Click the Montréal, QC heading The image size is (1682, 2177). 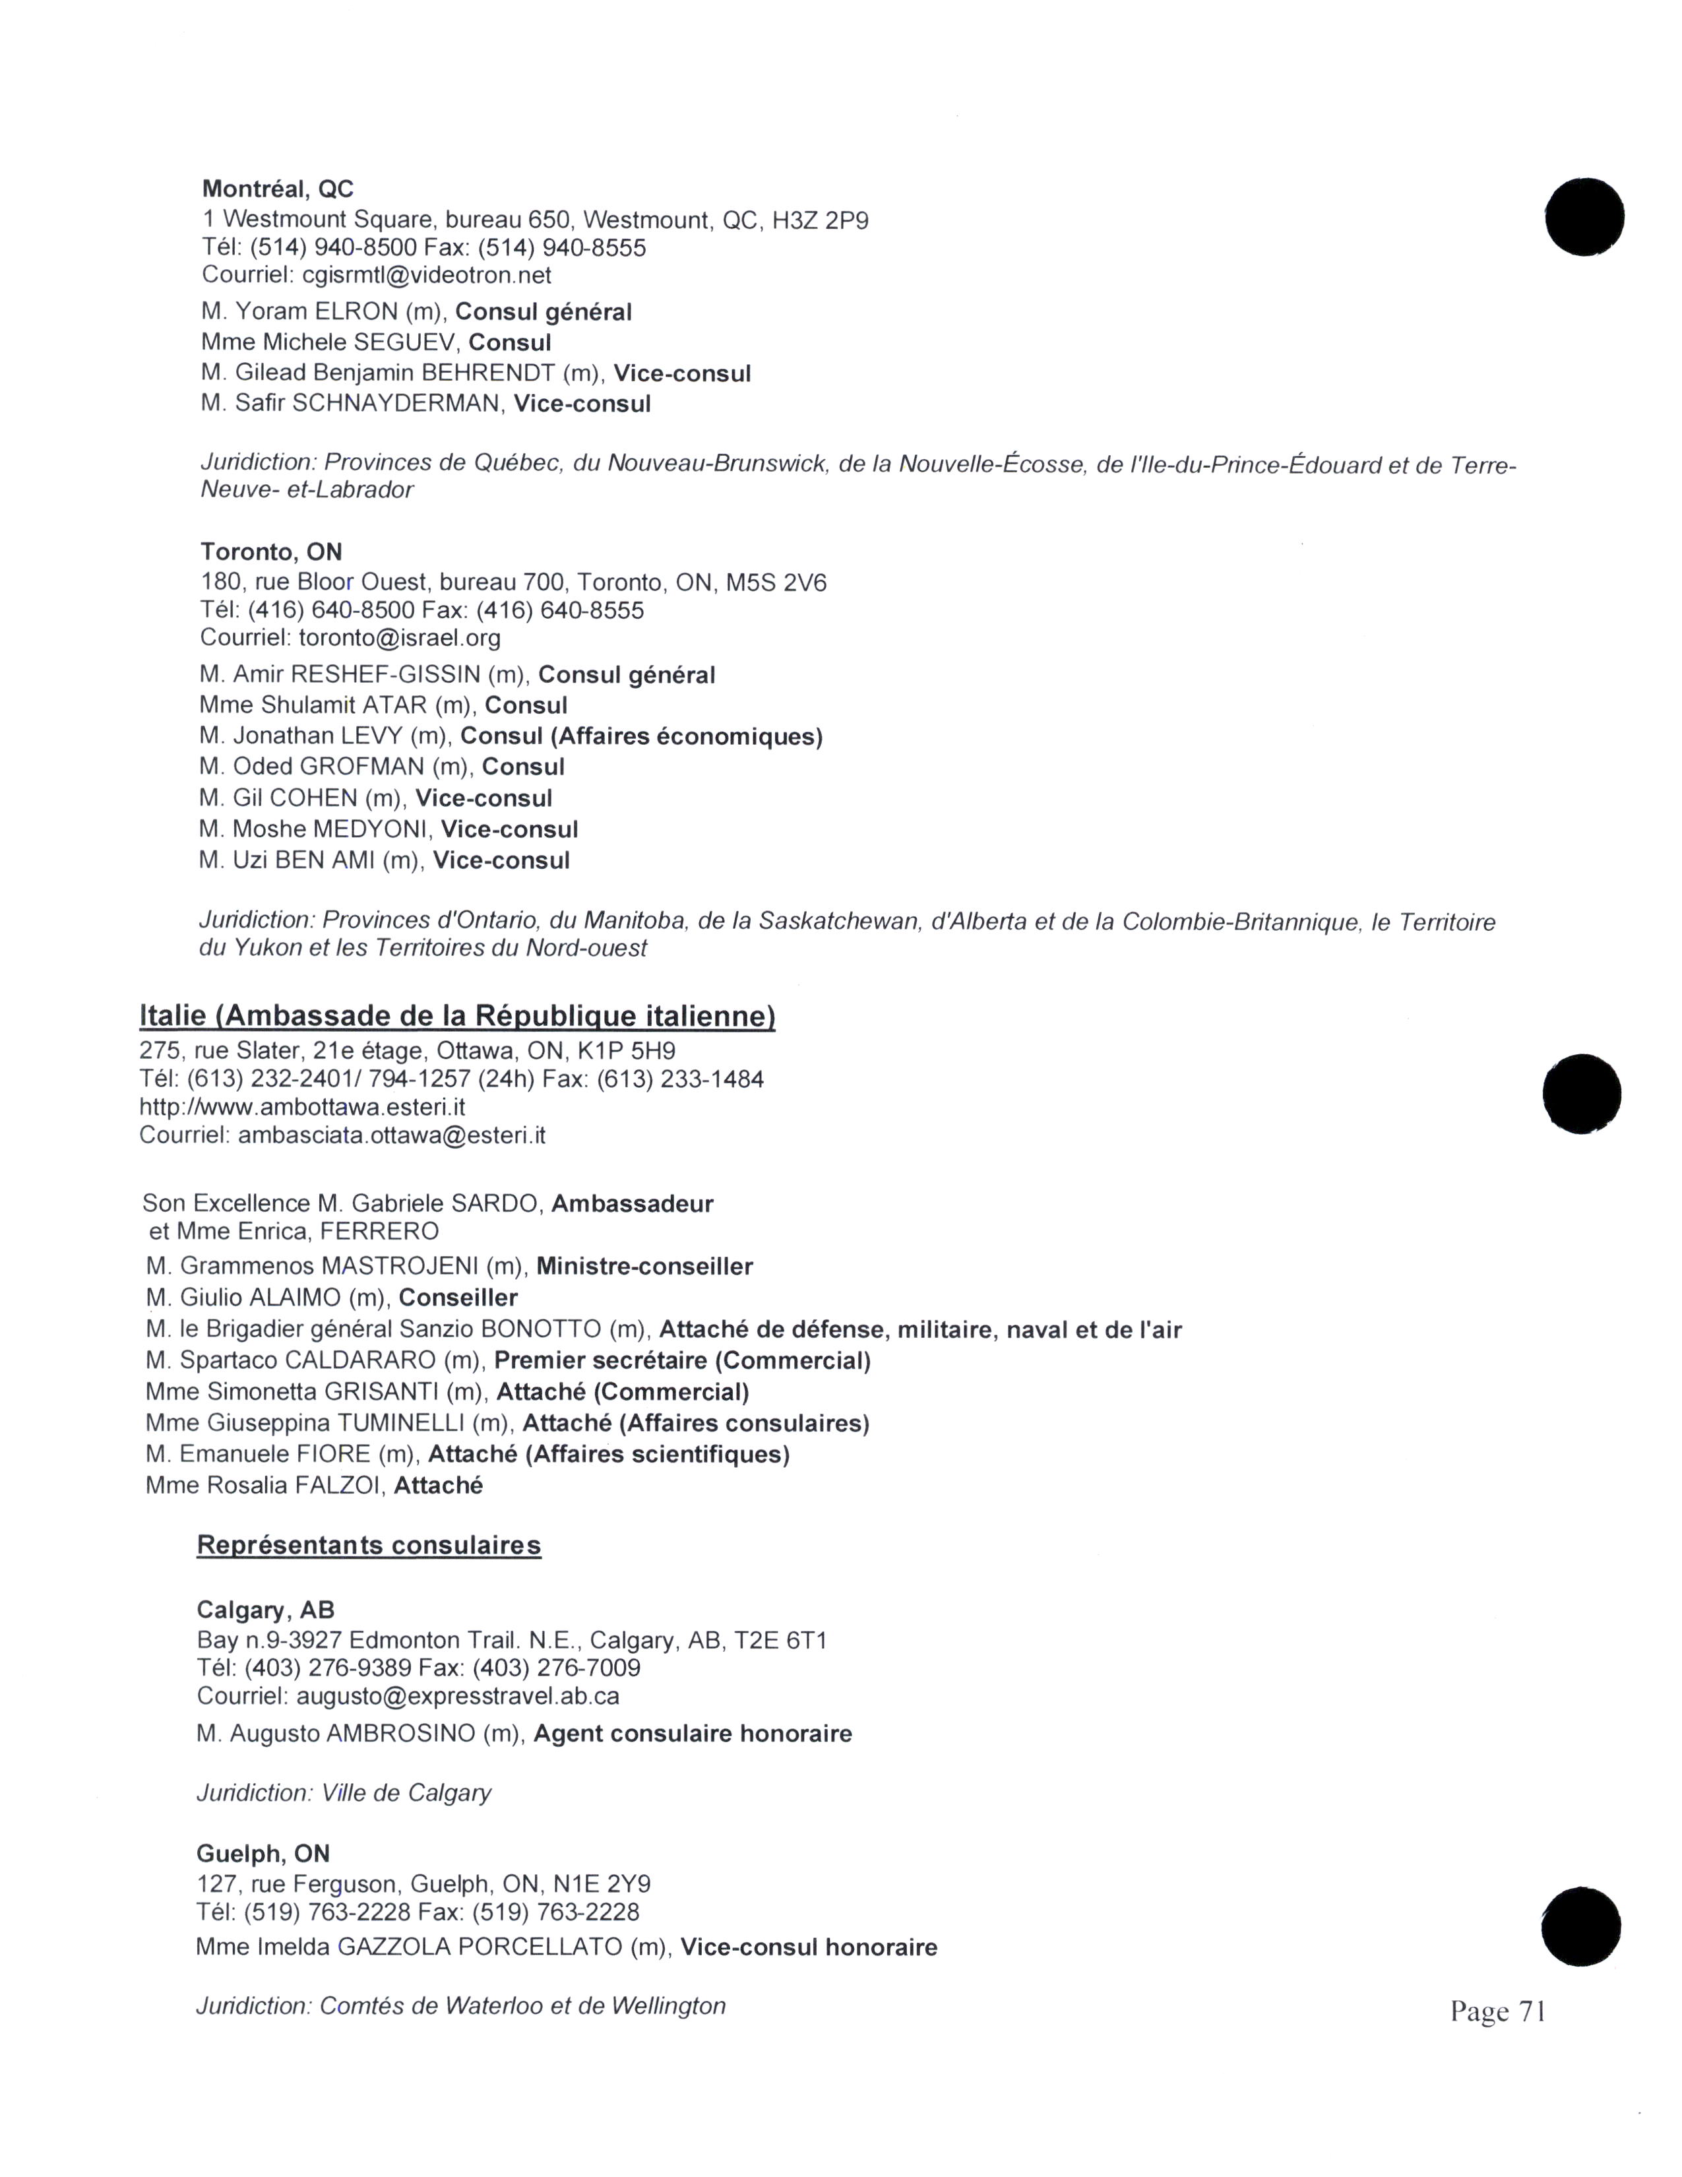pos(277,189)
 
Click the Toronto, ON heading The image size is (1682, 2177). pos(271,552)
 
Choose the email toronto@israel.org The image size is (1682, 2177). pos(400,638)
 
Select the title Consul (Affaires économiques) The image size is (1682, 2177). pos(642,737)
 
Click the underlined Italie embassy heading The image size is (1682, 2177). pos(457,1016)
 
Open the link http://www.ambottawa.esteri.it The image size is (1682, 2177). pos(302,1108)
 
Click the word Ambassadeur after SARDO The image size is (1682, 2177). pos(632,1203)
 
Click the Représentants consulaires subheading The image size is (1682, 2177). pos(369,1546)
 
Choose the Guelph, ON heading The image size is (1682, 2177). pos(263,1854)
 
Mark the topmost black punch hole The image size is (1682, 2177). pos(1584,216)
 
